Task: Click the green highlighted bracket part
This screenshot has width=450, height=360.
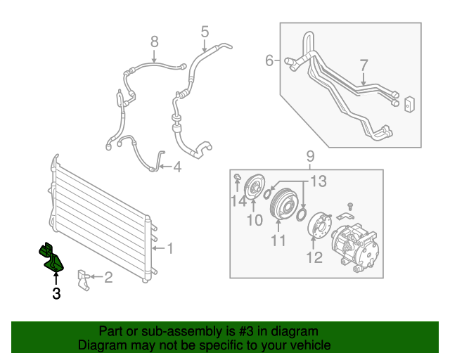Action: (51, 257)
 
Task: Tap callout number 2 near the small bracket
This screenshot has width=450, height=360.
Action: (108, 278)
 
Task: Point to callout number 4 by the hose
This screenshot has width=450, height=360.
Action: (177, 167)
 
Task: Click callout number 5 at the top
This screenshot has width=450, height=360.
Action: (205, 31)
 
